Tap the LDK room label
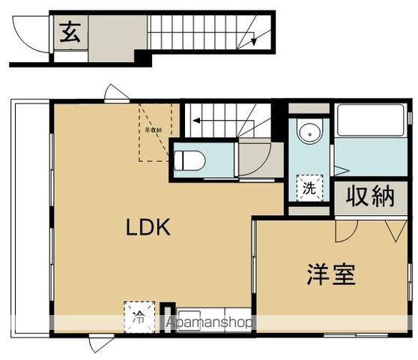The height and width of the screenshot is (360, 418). pos(148,227)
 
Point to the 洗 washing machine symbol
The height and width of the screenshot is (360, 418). pos(309,189)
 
